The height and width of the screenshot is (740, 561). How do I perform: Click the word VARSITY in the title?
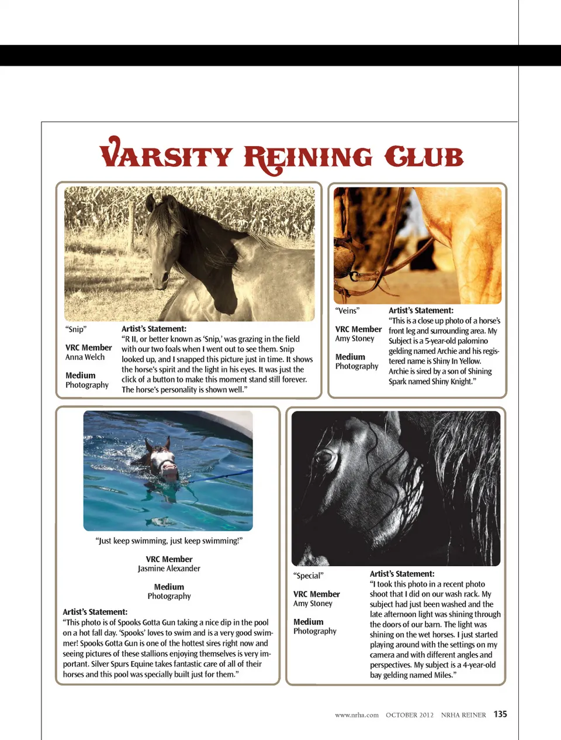pos(167,156)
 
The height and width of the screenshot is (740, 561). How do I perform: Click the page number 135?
pos(500,714)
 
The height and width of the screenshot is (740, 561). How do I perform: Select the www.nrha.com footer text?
pos(356,715)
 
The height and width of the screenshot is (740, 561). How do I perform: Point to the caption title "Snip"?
pos(76,329)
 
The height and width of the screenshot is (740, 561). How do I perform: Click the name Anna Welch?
pos(85,357)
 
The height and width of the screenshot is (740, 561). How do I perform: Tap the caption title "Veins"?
pos(347,311)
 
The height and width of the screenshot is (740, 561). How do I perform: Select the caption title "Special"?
pos(308,576)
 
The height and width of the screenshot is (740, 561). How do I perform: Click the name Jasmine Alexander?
pos(169,569)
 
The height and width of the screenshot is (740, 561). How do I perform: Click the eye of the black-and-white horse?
pos(323,457)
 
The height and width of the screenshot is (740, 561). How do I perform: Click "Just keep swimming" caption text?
pos(169,541)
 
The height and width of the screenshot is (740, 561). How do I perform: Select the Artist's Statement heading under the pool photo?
pos(95,612)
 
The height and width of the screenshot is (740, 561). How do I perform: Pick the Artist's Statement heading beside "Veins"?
pos(421,311)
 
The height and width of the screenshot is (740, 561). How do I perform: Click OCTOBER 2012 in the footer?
pos(410,715)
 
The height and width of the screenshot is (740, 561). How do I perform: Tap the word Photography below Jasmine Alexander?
pos(169,596)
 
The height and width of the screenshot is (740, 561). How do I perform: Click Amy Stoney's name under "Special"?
pos(313,603)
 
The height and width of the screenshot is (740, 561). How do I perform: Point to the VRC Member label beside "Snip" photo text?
pos(89,347)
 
